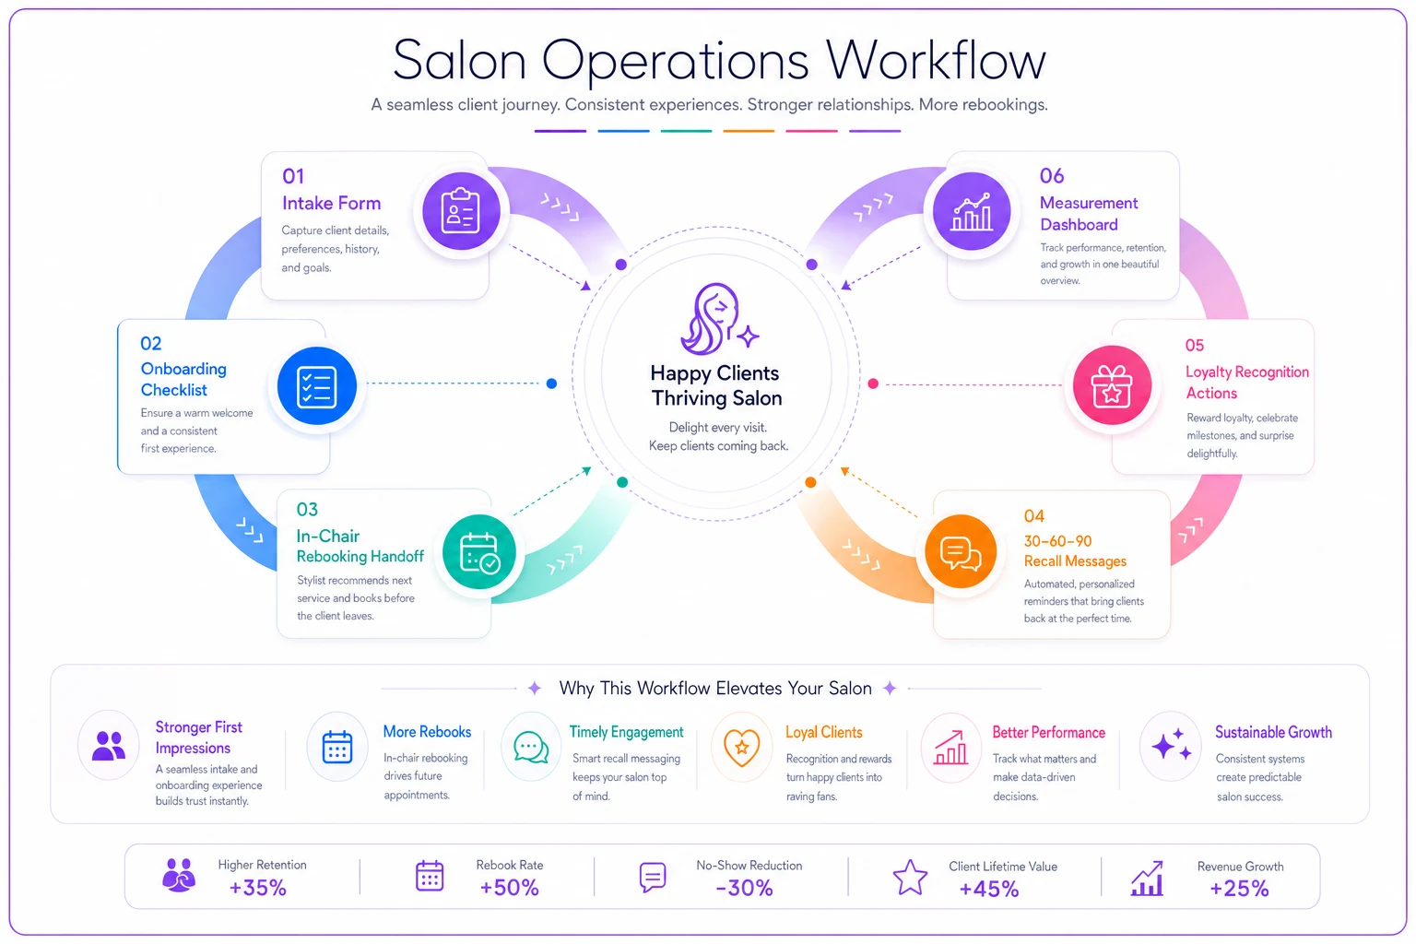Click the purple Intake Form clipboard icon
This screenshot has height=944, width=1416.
click(461, 210)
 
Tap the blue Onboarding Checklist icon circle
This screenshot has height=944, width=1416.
click(317, 385)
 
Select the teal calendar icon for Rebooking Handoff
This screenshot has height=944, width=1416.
click(479, 552)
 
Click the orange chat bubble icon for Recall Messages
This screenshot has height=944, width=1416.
click(961, 552)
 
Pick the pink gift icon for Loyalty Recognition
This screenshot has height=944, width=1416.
click(1112, 385)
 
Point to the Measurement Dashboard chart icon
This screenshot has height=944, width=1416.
click(972, 210)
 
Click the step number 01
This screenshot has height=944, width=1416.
click(293, 176)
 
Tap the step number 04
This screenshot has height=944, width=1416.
click(1034, 516)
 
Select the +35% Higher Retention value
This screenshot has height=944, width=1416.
click(258, 888)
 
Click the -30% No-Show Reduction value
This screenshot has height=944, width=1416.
click(745, 889)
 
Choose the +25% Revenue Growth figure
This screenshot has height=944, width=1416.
click(1239, 889)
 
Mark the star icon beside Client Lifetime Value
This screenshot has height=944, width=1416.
click(910, 877)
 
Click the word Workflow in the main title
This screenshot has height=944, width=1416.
click(937, 61)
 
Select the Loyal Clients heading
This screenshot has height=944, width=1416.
click(823, 732)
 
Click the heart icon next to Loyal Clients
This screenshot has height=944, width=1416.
click(741, 748)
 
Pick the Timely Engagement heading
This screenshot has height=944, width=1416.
click(626, 732)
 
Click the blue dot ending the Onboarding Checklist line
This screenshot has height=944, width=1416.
click(551, 383)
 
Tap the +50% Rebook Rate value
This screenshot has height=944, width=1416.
click(509, 888)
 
